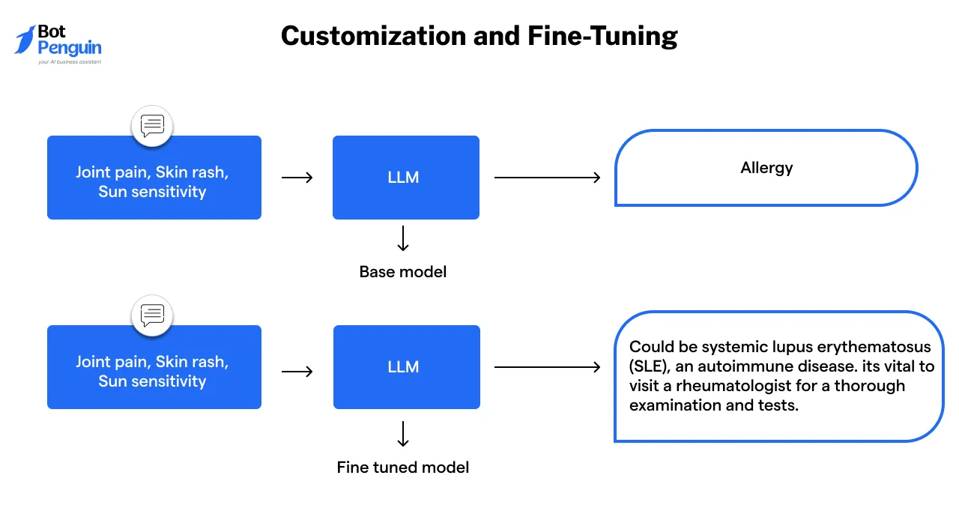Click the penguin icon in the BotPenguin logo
25,40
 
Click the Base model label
403,271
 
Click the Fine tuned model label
403,468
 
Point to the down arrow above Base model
403,238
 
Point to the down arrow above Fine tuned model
403,434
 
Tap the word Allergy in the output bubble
766,168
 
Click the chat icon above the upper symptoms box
152,126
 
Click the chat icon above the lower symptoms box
152,315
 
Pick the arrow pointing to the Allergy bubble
547,178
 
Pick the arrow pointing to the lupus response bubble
547,367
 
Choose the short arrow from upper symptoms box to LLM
297,178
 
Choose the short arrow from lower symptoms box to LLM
297,371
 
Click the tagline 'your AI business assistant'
70,62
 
